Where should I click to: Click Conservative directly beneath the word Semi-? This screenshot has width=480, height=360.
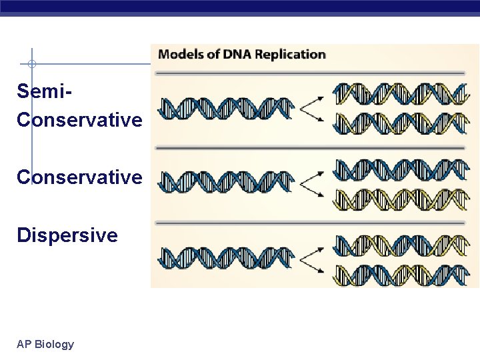(79, 120)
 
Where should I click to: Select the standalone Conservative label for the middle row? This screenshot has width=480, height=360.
(79, 177)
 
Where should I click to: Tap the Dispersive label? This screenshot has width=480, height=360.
(67, 235)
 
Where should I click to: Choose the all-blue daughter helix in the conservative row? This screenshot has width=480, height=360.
(401, 169)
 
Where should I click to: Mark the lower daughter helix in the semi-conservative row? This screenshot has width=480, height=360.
(401, 123)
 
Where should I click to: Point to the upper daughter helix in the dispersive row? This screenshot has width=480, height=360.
(401, 245)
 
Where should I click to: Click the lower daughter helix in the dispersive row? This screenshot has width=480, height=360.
(401, 274)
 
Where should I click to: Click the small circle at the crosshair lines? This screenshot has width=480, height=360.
(31, 65)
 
